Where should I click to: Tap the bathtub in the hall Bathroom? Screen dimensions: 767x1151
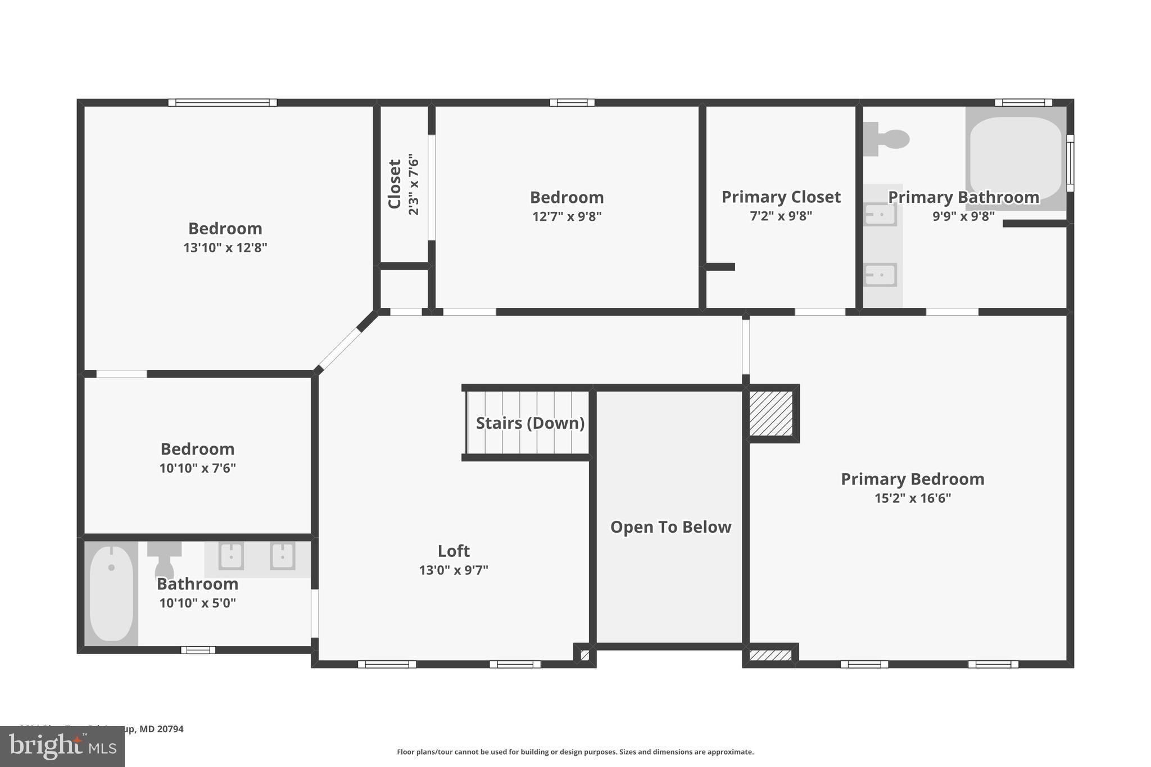[111, 593]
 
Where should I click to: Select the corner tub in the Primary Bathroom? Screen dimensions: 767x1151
[1015, 158]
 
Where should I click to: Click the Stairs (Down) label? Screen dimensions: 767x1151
[530, 423]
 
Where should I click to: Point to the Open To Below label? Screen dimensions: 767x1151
[670, 527]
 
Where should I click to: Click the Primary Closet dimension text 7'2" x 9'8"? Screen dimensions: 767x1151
[781, 216]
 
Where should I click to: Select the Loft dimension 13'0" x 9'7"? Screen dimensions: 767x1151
[454, 570]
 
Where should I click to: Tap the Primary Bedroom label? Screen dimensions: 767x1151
[912, 479]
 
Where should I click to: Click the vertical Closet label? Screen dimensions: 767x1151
[395, 184]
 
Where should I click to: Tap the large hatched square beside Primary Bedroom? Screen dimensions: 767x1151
[771, 414]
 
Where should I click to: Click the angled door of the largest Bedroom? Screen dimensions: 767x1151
[339, 348]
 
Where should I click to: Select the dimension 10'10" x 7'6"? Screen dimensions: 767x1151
[197, 468]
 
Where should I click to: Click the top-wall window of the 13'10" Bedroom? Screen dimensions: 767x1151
[223, 103]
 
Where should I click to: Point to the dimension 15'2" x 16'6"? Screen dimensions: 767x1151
[912, 498]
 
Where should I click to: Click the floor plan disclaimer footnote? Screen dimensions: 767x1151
[575, 752]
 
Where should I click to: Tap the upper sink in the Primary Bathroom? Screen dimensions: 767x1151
[880, 215]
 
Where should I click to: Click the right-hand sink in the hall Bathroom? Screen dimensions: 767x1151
[282, 556]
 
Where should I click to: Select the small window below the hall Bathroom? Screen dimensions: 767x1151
[198, 650]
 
